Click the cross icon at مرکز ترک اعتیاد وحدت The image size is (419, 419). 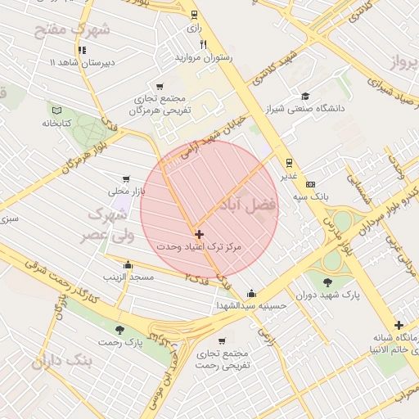[x=199, y=234]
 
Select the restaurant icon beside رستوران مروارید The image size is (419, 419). [x=204, y=44]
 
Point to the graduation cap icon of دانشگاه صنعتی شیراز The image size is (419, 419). [x=305, y=96]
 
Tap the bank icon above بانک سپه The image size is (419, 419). [x=310, y=185]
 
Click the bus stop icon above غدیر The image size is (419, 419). [x=289, y=162]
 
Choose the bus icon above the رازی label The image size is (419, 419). [x=194, y=14]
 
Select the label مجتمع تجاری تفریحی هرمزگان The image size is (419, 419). [x=162, y=103]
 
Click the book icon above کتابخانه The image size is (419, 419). [x=56, y=110]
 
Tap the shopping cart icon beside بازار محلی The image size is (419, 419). [x=125, y=178]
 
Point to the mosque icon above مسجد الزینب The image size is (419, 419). [x=128, y=264]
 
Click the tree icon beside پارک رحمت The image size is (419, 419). [x=120, y=330]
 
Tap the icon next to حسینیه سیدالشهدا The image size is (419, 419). [x=250, y=293]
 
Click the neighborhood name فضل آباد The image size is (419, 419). [x=248, y=205]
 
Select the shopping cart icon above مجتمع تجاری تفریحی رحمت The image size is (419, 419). [x=222, y=340]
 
